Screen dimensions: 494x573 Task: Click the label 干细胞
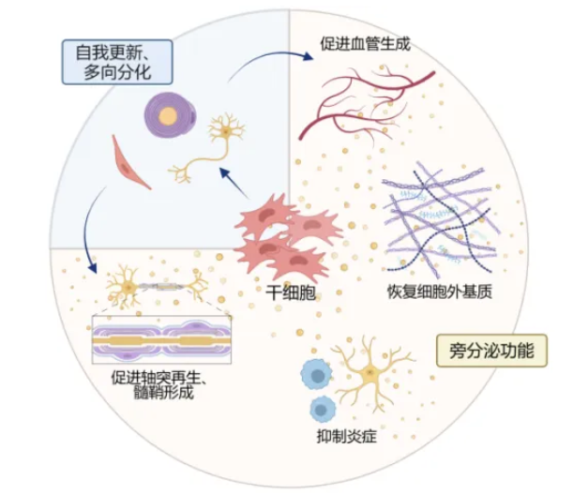coord(288,293)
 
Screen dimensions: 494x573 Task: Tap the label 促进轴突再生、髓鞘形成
coord(162,385)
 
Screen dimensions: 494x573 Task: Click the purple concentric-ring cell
coord(167,114)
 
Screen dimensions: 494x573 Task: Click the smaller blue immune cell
coord(324,409)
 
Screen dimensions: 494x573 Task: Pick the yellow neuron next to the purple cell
coord(220,141)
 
